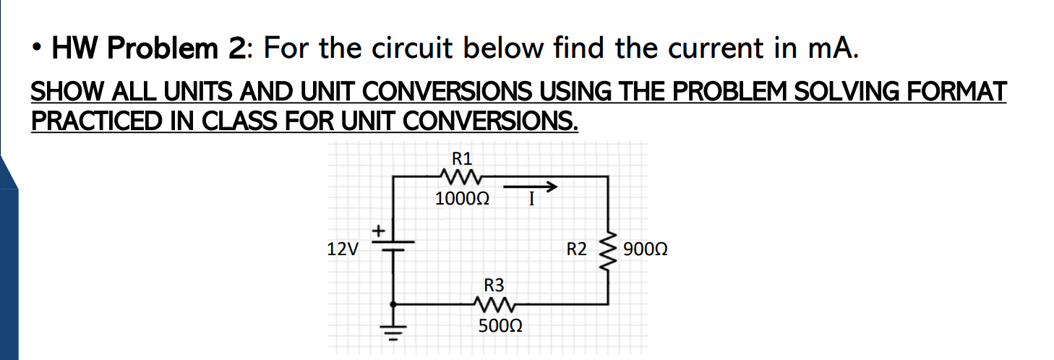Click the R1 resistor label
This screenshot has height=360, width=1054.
(460, 158)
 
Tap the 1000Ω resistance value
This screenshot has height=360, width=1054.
(463, 198)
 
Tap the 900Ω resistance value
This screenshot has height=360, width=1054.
(645, 251)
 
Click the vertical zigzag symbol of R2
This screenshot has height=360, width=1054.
(607, 250)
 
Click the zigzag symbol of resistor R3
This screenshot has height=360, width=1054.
(494, 304)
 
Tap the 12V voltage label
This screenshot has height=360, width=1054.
(342, 251)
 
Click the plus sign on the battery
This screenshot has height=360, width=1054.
(378, 231)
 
